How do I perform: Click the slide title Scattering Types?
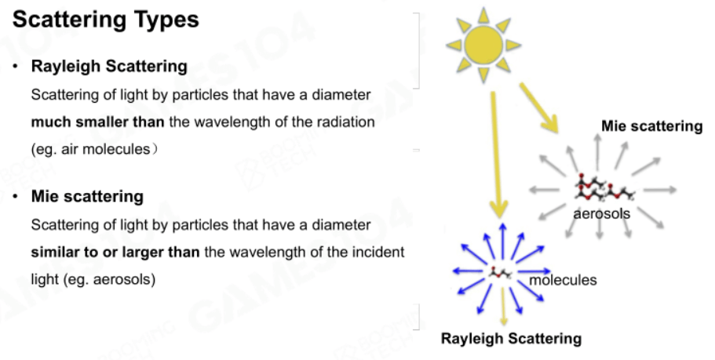pyautogui.click(x=105, y=20)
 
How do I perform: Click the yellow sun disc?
pyautogui.click(x=483, y=45)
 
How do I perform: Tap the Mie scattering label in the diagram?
pyautogui.click(x=651, y=125)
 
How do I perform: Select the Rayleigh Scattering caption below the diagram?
pyautogui.click(x=511, y=339)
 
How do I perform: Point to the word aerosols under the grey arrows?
pyautogui.click(x=601, y=213)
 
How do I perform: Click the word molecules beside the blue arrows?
pyautogui.click(x=563, y=279)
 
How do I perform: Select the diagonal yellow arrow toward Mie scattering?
pyautogui.click(x=539, y=107)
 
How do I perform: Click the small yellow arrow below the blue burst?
pyautogui.click(x=503, y=307)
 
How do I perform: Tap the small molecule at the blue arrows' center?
pyautogui.click(x=500, y=273)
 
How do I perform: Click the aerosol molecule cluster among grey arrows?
pyautogui.click(x=604, y=187)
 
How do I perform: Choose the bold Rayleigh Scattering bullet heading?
pyautogui.click(x=109, y=66)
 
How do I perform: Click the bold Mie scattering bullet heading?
pyautogui.click(x=87, y=196)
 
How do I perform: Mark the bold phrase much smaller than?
pyautogui.click(x=97, y=122)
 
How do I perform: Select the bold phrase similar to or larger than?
pyautogui.click(x=115, y=252)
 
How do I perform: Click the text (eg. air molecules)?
pyautogui.click(x=94, y=150)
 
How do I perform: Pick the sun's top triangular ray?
pyautogui.click(x=483, y=16)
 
